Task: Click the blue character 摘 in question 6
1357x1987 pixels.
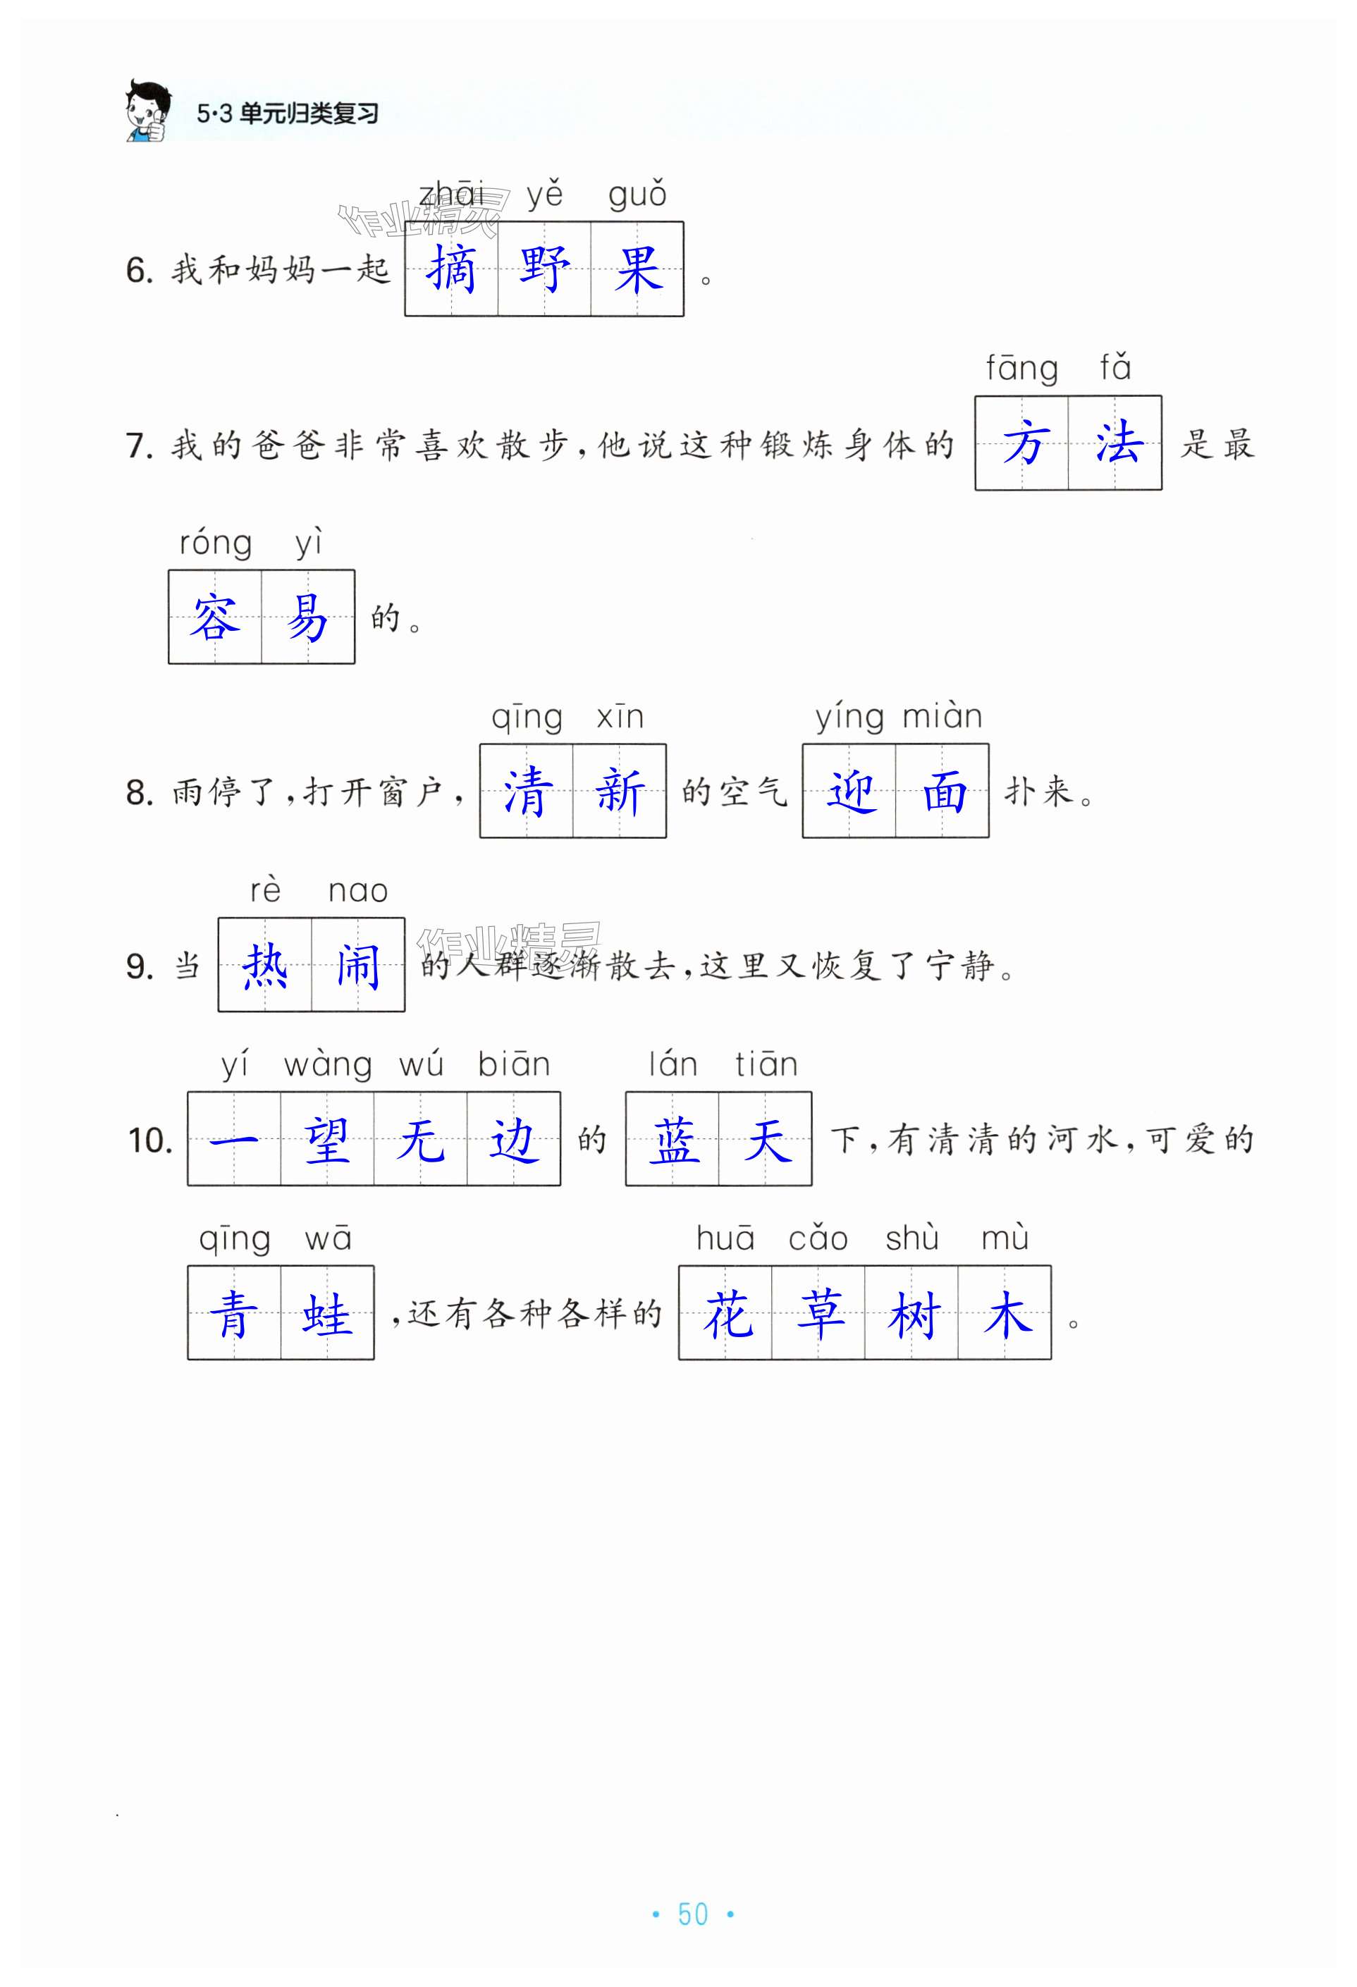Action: pos(450,269)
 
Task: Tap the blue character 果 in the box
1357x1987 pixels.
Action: pos(637,269)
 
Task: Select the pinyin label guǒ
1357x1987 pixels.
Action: pos(637,196)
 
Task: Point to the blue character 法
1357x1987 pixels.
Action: pos(1116,444)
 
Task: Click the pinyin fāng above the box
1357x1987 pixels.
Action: pos(1022,369)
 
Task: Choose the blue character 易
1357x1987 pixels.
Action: pos(308,617)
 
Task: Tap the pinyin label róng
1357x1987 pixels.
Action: pos(216,543)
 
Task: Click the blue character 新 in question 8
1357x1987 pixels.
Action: pos(619,792)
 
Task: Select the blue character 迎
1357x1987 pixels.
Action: pos(850,792)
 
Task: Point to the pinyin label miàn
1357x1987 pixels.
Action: pos(942,716)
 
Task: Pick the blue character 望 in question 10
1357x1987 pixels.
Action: pos(328,1140)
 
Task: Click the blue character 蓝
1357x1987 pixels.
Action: pos(673,1140)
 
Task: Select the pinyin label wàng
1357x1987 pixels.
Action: pos(328,1065)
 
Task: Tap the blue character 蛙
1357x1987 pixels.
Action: pos(328,1314)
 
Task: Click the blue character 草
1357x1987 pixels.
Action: pos(819,1314)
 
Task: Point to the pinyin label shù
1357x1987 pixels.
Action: pos(911,1239)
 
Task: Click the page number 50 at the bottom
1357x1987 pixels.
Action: pos(693,1914)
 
